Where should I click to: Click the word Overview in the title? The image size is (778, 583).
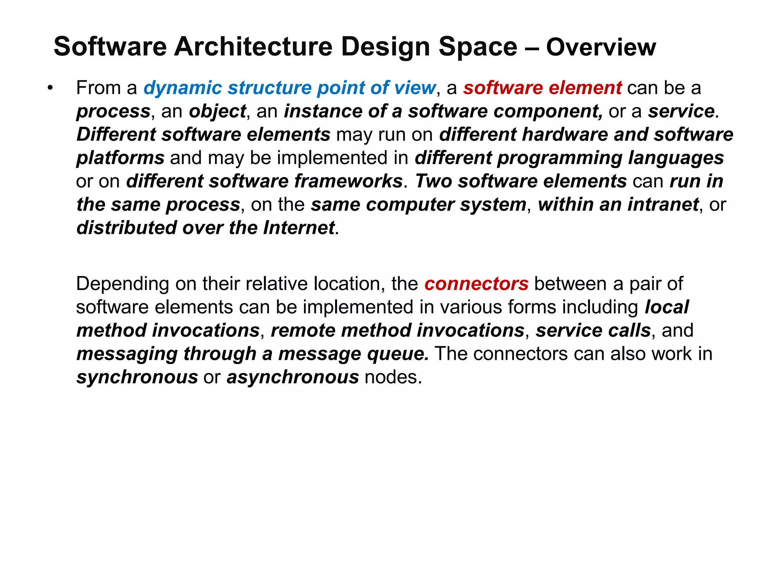point(601,47)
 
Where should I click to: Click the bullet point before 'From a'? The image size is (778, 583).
point(49,88)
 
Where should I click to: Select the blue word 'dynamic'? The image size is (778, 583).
point(183,88)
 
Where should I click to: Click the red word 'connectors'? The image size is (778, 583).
point(476,284)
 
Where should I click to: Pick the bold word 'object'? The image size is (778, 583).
point(217,112)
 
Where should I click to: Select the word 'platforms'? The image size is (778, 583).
point(120,158)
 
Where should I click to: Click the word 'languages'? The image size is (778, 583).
point(676,158)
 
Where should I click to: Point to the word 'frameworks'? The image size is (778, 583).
point(348,181)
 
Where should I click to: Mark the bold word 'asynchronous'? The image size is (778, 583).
point(293,377)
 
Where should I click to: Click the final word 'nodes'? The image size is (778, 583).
point(393,377)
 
